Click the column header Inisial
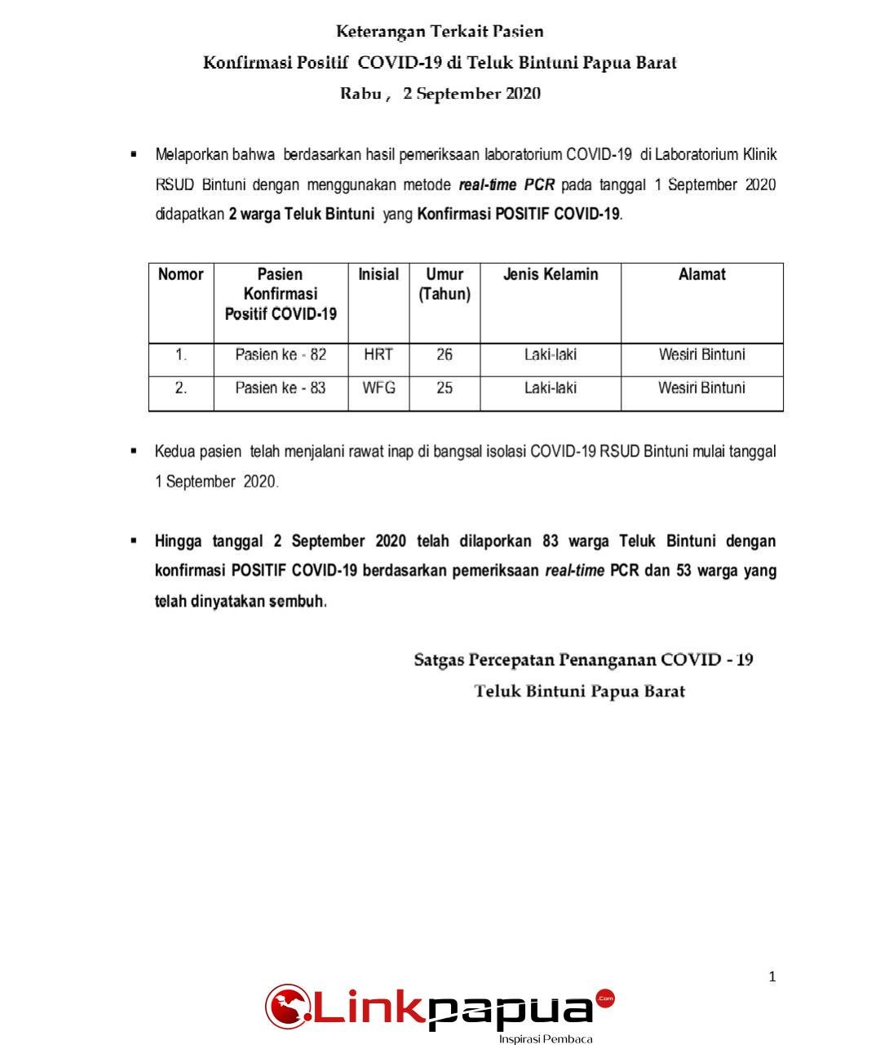pos(378,274)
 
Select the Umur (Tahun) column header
pos(444,284)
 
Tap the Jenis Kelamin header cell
pos(551,274)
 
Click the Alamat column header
pos(701,274)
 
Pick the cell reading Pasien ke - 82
pos(281,355)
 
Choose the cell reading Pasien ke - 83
pos(281,388)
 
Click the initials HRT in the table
pos(378,355)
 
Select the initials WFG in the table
pos(378,388)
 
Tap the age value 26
pos(444,355)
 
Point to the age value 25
pos(444,388)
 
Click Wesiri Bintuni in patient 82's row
pos(701,355)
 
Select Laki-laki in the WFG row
pos(551,388)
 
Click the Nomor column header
pos(181,274)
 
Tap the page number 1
pos(772,976)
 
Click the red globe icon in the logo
pos(286,1007)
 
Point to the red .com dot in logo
pos(605,998)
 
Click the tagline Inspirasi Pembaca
pos(546,1039)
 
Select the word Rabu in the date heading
pos(360,94)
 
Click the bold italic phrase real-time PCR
pos(506,185)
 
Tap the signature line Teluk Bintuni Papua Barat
pos(580,691)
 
